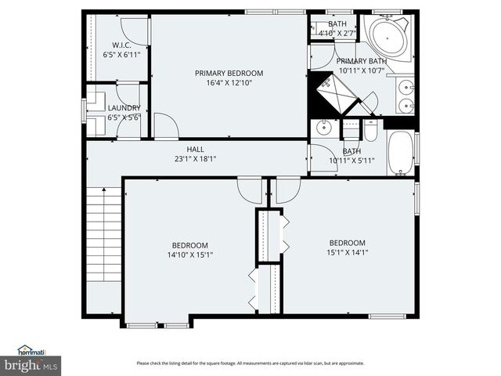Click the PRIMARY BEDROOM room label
pyautogui.click(x=229, y=73)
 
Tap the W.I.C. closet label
pyautogui.click(x=121, y=45)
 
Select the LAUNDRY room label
pyautogui.click(x=124, y=107)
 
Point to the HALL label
pyautogui.click(x=195, y=149)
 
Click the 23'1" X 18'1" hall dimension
pyautogui.click(x=195, y=159)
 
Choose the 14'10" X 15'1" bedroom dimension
pyautogui.click(x=190, y=254)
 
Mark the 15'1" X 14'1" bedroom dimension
pyautogui.click(x=347, y=252)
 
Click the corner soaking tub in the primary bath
pyautogui.click(x=389, y=37)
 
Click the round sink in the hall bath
pyautogui.click(x=323, y=127)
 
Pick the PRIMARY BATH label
pyautogui.click(x=362, y=61)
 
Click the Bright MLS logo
pyautogui.click(x=31, y=364)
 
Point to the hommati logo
pyautogui.click(x=31, y=350)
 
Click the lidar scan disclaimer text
pyautogui.click(x=250, y=363)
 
